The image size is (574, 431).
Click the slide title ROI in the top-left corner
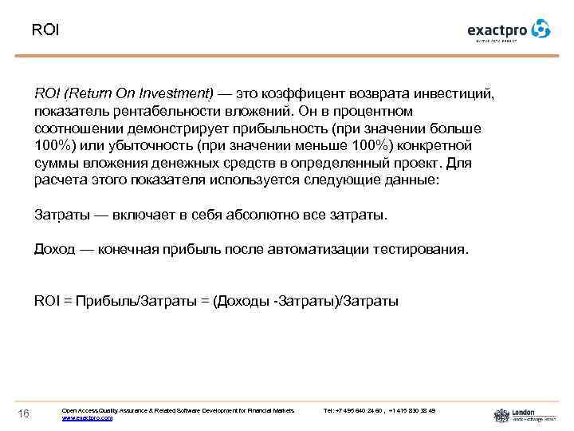(45, 30)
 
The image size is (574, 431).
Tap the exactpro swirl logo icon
(541, 29)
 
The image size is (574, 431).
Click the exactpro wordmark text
(497, 30)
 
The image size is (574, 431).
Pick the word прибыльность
(272, 129)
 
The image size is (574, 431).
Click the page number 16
(23, 412)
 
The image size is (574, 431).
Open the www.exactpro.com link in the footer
(87, 417)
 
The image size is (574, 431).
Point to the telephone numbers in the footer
(380, 409)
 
